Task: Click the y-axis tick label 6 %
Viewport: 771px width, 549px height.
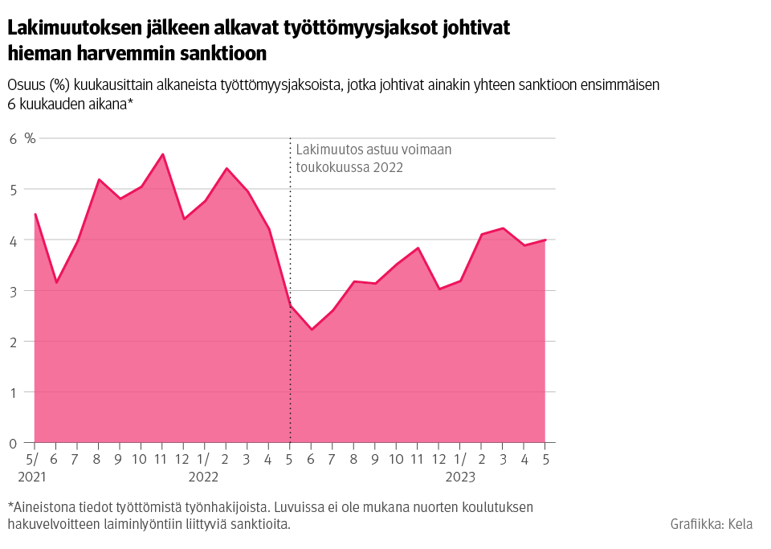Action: [22, 138]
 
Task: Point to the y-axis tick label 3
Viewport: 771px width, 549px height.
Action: [13, 291]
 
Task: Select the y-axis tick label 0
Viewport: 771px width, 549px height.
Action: [13, 443]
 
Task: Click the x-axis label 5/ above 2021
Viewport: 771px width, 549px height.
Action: [33, 460]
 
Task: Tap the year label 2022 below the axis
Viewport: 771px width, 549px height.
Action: [203, 477]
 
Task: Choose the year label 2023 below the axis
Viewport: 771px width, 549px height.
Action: [459, 477]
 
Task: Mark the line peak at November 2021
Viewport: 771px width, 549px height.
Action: [162, 154]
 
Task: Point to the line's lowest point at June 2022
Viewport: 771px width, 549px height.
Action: [312, 330]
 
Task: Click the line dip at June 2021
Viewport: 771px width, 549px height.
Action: [55, 283]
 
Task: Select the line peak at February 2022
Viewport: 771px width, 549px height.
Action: [226, 169]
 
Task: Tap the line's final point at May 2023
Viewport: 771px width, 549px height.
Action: [545, 240]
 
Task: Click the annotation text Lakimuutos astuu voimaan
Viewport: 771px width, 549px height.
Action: [374, 150]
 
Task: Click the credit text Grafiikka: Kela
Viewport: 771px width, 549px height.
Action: [711, 524]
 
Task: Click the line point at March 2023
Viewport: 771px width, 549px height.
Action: [503, 228]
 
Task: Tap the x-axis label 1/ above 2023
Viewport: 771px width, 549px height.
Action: [459, 460]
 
